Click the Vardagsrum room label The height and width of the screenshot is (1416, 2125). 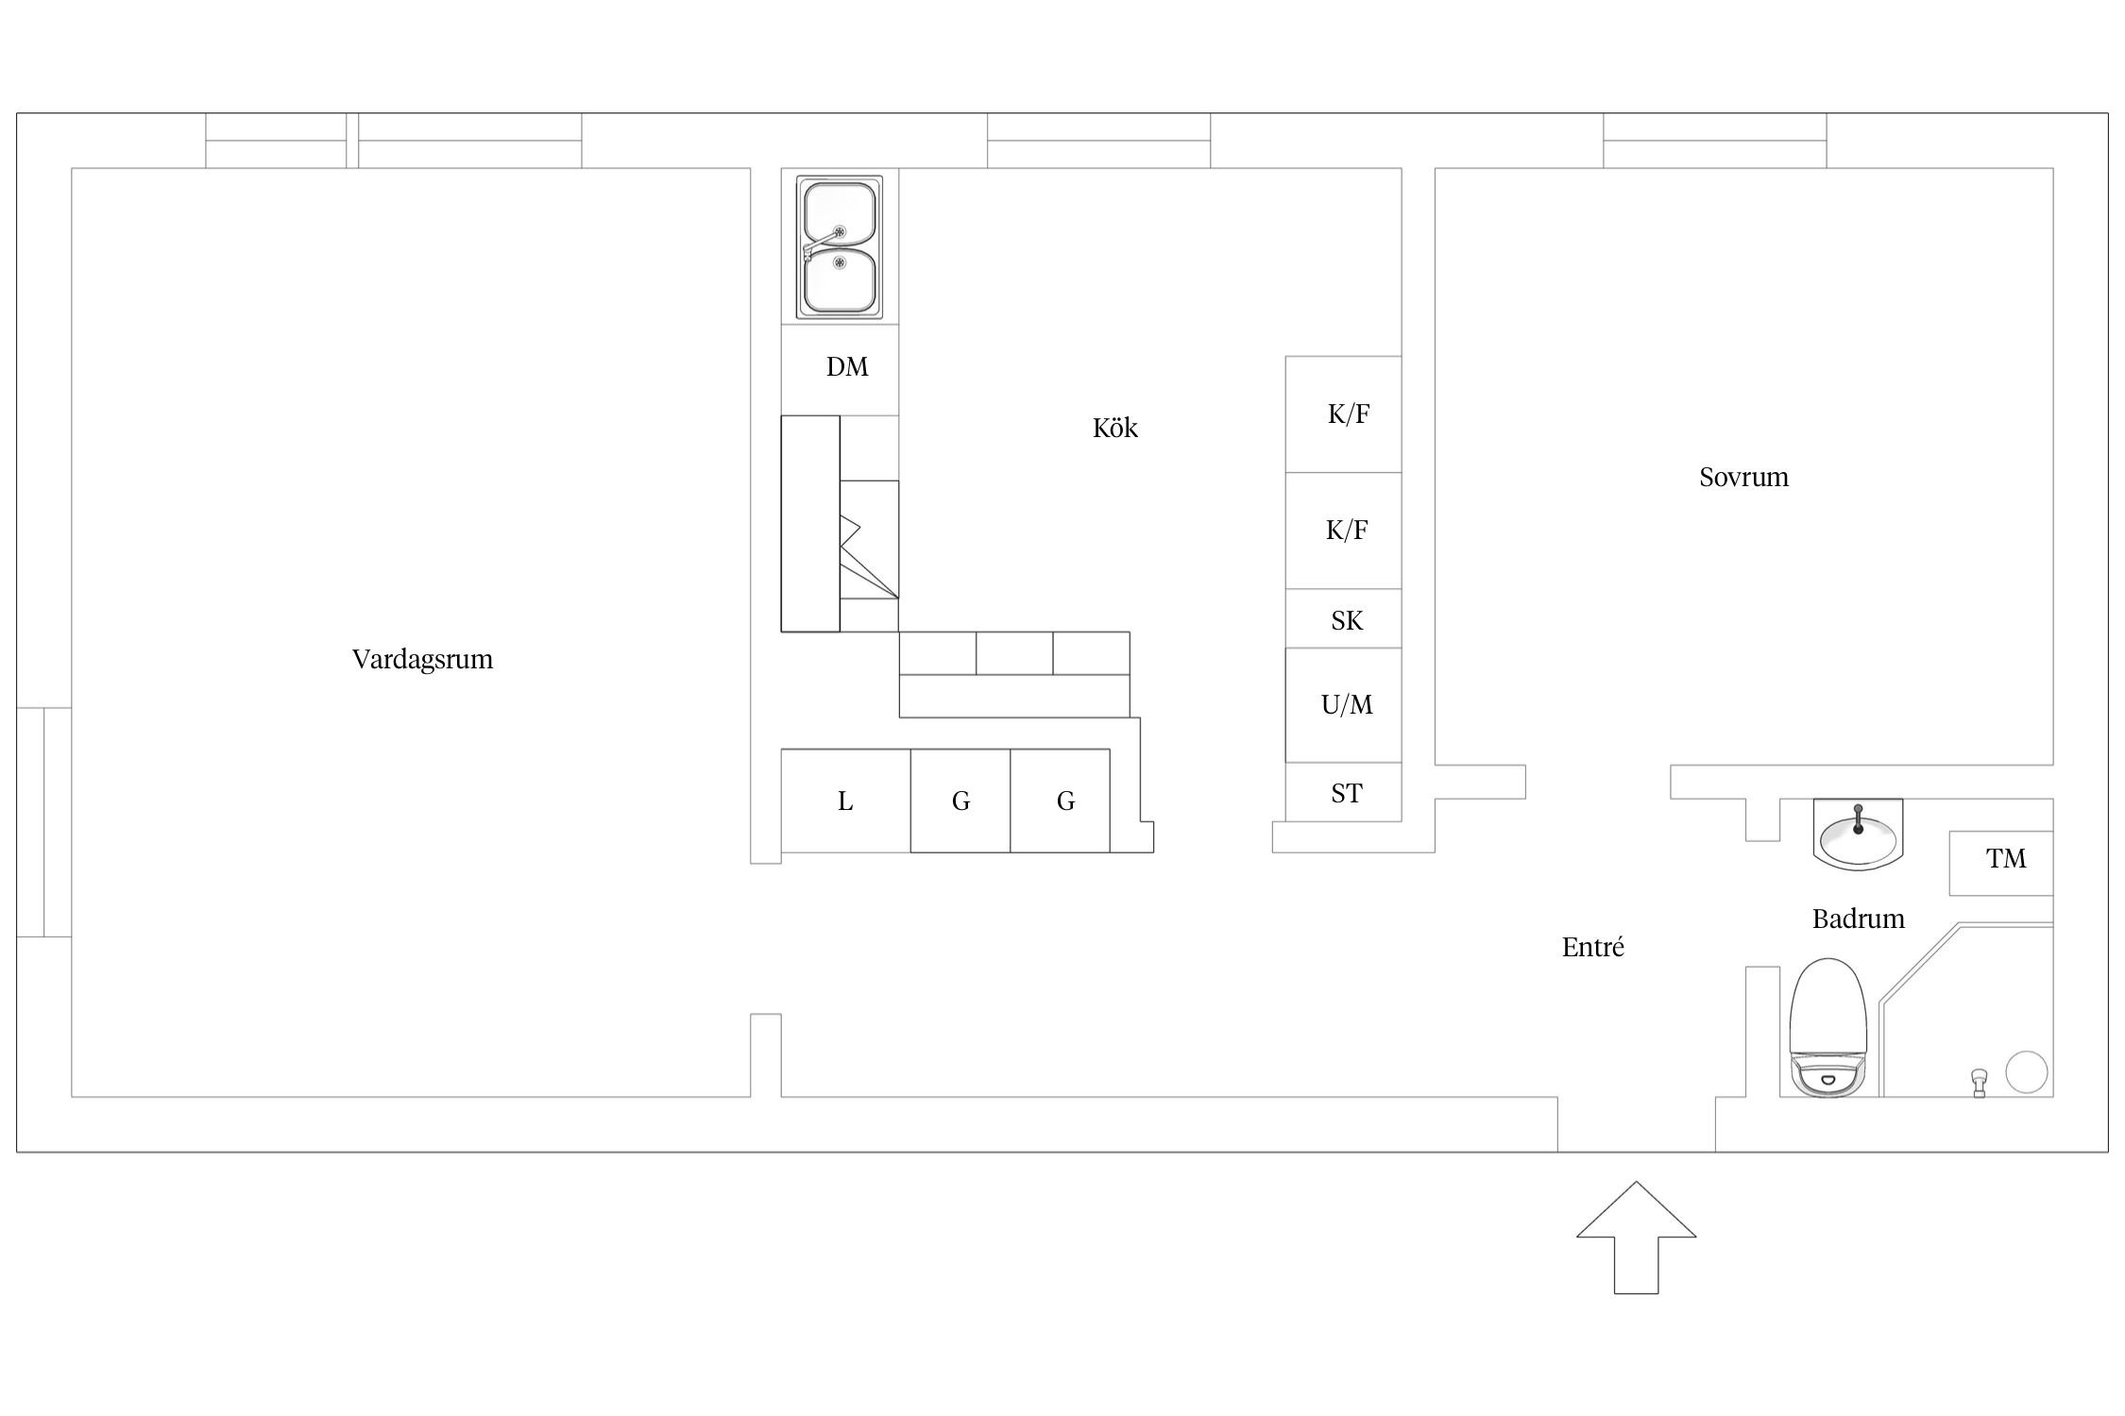click(422, 659)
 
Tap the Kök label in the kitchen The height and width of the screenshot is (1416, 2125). click(1115, 428)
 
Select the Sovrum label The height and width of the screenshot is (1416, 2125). click(1743, 477)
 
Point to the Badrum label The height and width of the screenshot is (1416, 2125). click(1858, 919)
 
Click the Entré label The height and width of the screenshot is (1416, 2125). click(1593, 947)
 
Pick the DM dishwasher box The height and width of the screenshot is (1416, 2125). click(840, 370)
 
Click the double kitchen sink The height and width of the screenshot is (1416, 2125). click(840, 246)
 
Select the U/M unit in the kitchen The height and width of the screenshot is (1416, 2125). click(1343, 705)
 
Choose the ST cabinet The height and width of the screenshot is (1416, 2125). click(1343, 792)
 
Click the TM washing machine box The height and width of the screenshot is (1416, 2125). click(2001, 863)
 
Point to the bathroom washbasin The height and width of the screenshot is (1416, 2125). click(1858, 834)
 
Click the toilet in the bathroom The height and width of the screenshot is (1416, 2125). click(1829, 1028)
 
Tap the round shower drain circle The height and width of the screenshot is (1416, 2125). click(2026, 1072)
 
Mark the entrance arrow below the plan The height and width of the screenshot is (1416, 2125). click(1636, 1238)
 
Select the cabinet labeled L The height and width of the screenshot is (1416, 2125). click(845, 801)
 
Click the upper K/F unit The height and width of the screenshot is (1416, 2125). click(1343, 414)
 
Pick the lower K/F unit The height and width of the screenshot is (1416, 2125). click(1343, 531)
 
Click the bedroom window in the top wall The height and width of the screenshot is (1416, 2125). click(1714, 141)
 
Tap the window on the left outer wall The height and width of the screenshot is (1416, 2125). click(44, 822)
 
